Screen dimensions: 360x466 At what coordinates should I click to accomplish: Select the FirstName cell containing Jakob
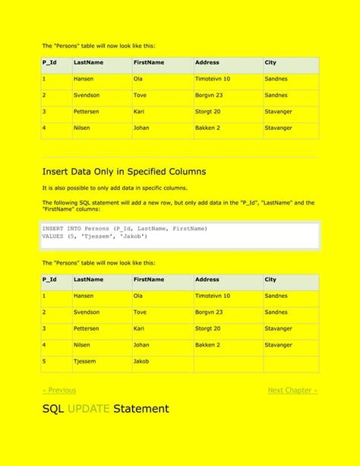click(x=141, y=361)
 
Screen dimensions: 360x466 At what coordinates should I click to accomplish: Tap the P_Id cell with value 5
click(x=45, y=361)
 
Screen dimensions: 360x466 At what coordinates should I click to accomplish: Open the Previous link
click(x=59, y=390)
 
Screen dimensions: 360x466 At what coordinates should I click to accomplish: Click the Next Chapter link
click(x=292, y=390)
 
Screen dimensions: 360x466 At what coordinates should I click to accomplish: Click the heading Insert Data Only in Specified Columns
click(x=124, y=171)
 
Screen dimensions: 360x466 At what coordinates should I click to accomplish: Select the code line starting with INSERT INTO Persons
click(x=125, y=228)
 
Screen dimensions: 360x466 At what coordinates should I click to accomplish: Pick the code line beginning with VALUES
click(x=95, y=236)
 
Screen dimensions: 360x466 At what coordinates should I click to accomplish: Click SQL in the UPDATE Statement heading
click(x=53, y=409)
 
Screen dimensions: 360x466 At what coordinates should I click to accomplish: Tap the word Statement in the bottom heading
click(x=141, y=409)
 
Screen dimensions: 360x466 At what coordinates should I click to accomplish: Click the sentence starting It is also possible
click(x=114, y=187)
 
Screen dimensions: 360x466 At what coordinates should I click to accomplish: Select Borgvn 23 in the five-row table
click(x=210, y=312)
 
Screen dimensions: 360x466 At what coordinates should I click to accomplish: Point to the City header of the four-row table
click(x=270, y=62)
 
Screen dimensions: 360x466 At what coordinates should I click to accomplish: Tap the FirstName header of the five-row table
click(x=149, y=279)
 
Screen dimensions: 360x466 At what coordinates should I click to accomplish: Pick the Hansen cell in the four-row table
click(x=84, y=78)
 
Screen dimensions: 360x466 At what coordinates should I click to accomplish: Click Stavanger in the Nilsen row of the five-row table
click(x=278, y=344)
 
